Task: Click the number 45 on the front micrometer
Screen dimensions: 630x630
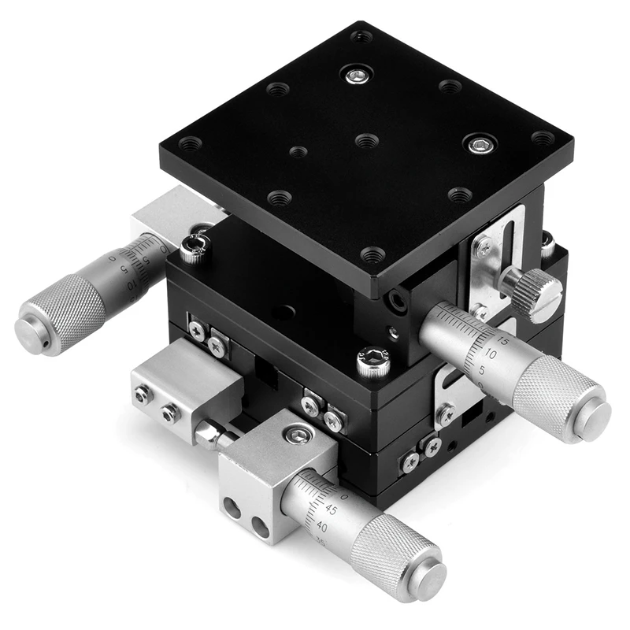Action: (x=332, y=510)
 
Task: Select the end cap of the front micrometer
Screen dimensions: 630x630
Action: (x=428, y=581)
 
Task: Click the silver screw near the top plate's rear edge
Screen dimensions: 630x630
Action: (x=356, y=76)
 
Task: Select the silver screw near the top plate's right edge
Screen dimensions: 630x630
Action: (x=480, y=144)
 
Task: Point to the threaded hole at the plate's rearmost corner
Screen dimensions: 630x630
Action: (x=361, y=36)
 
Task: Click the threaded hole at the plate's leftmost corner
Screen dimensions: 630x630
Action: (x=190, y=144)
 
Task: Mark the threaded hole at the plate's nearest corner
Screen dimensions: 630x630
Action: (x=372, y=254)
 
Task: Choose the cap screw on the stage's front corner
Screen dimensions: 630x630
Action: (x=372, y=362)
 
